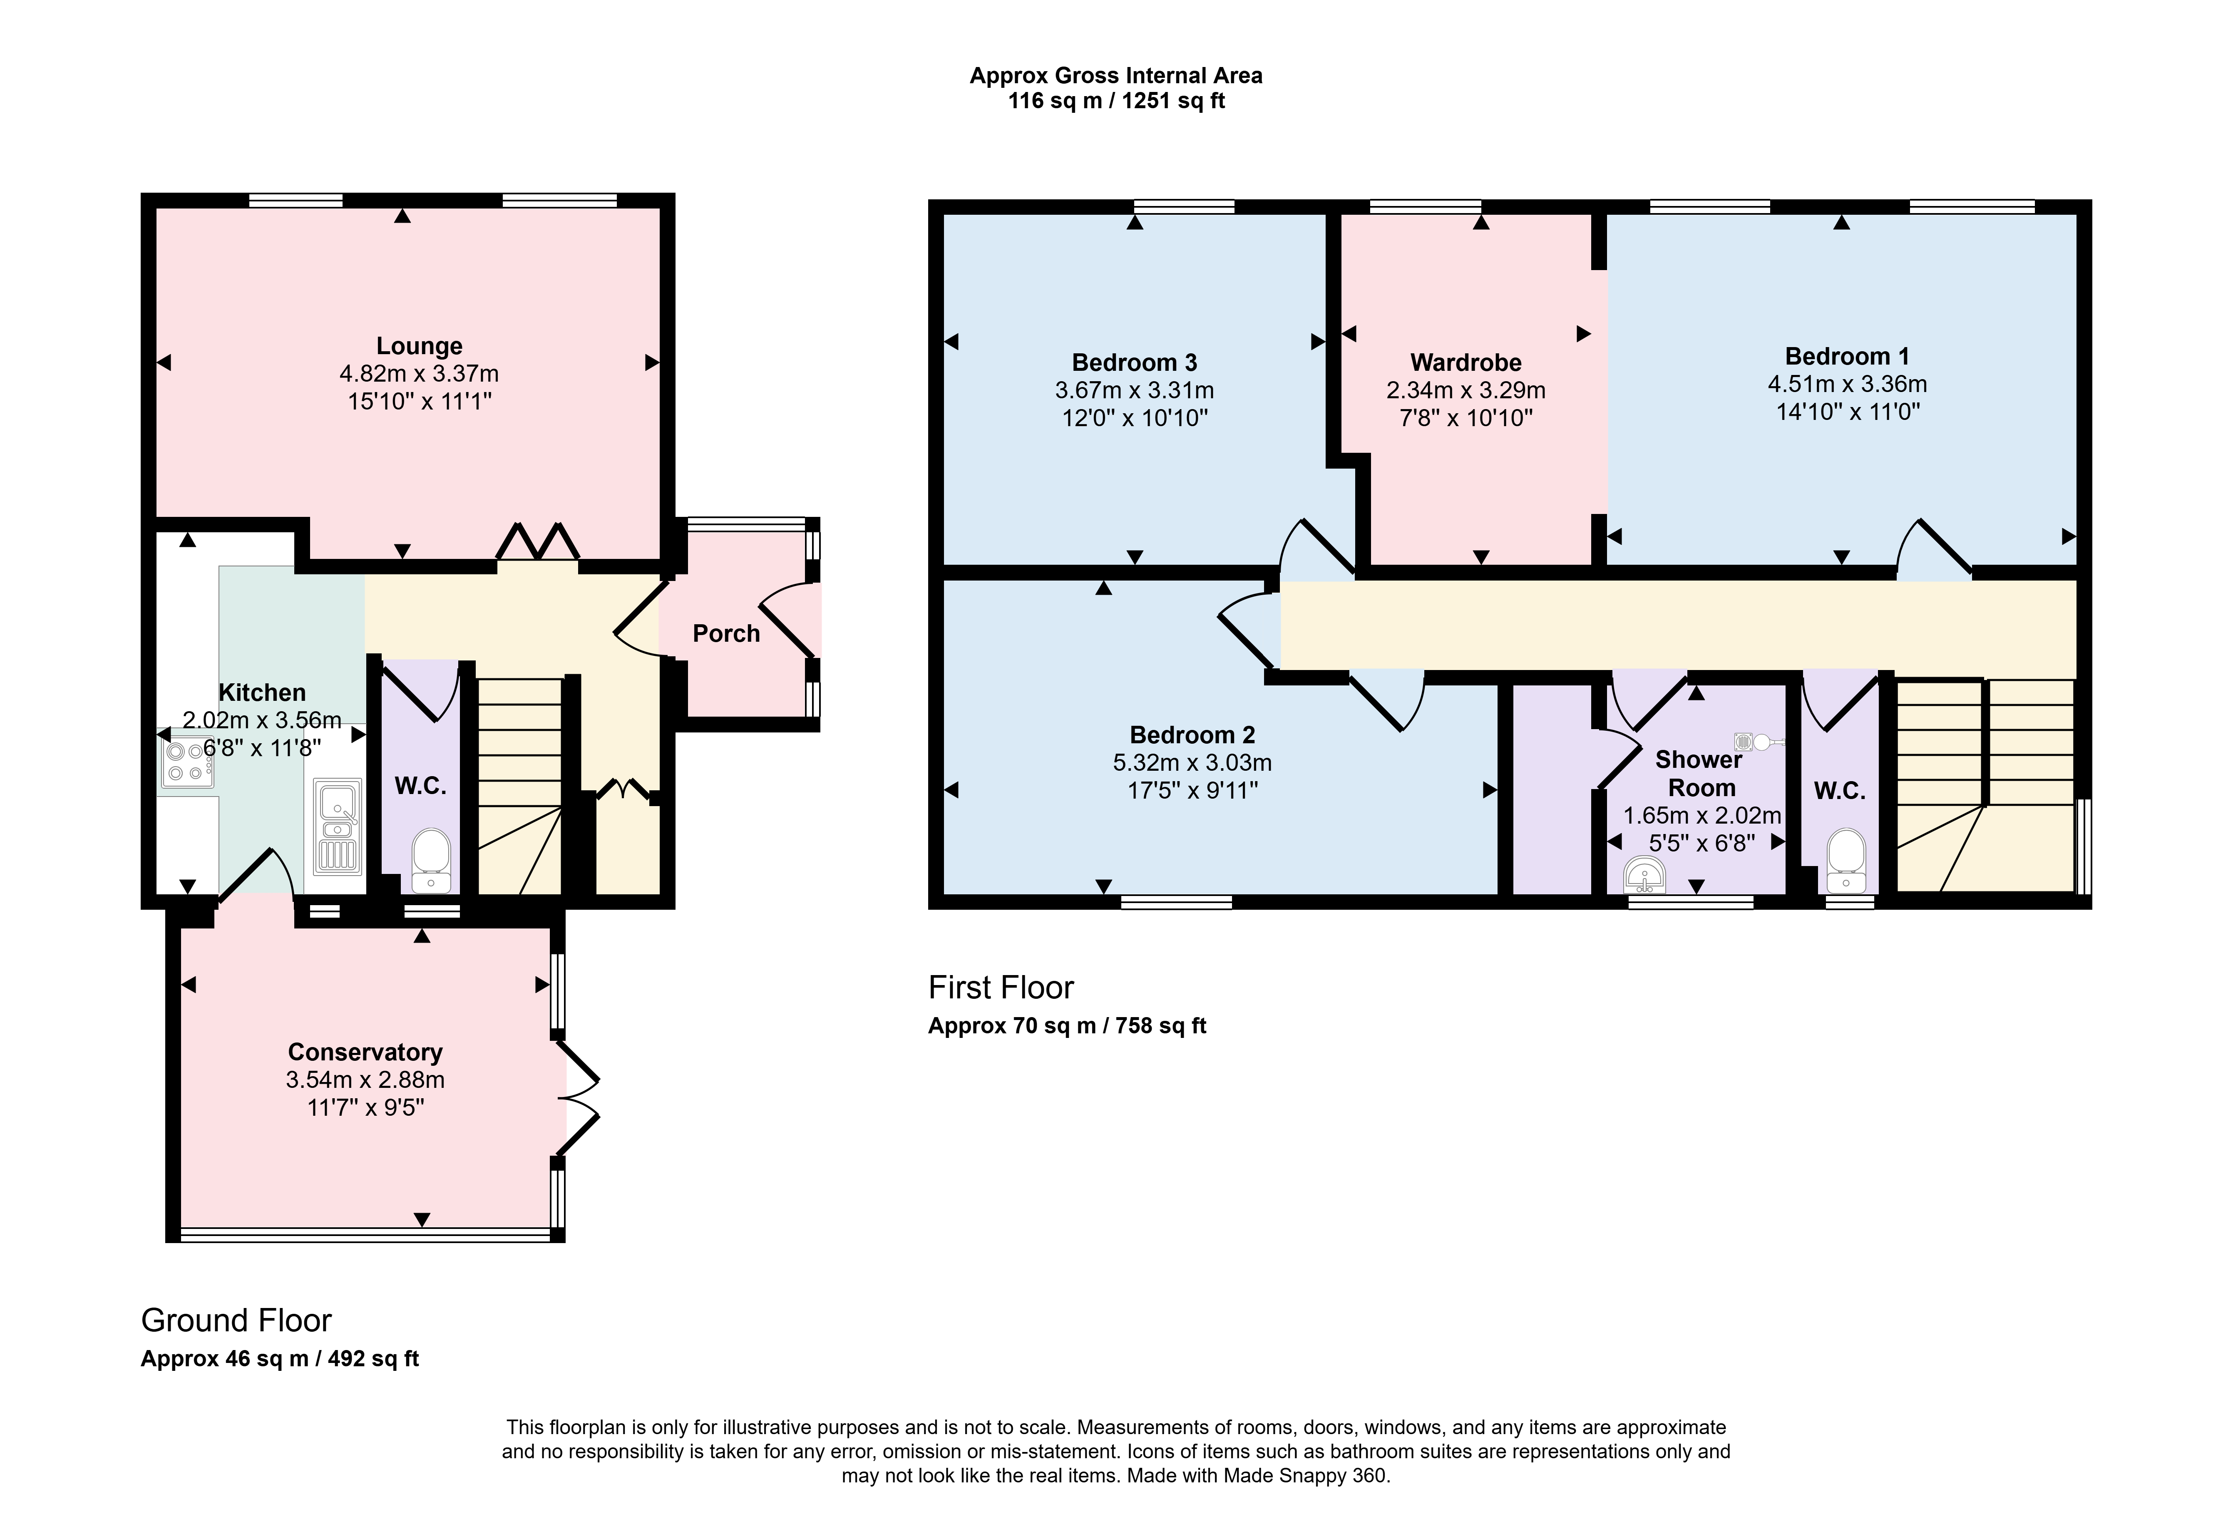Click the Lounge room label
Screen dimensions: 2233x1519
[x=419, y=346]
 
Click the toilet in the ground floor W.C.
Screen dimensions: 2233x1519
[x=430, y=860]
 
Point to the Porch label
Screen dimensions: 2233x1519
[x=726, y=633]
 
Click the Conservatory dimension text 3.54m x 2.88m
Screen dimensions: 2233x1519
[x=365, y=1079]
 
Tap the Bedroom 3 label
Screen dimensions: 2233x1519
[x=1135, y=362]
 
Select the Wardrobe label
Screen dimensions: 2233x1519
[x=1466, y=362]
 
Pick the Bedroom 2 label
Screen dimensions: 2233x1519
[x=1192, y=735]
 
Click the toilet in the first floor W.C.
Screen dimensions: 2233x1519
[x=1846, y=860]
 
